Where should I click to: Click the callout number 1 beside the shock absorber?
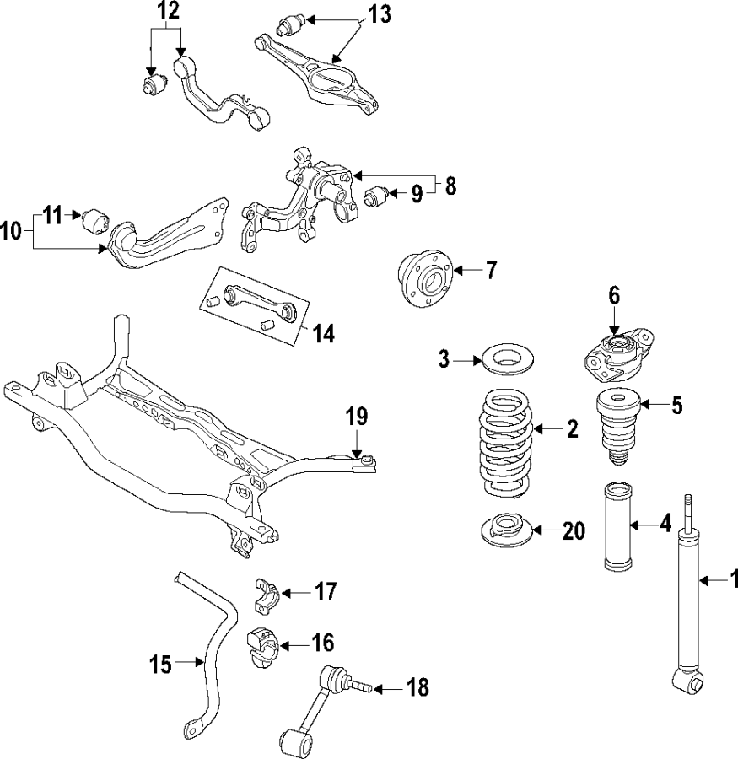732,579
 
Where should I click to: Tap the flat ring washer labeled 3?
504,360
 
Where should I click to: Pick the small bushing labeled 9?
377,197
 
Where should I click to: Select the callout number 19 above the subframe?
357,416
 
